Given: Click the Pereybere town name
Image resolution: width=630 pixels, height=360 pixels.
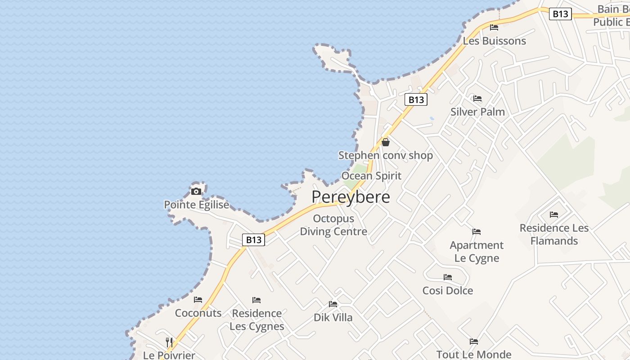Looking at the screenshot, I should (351, 197).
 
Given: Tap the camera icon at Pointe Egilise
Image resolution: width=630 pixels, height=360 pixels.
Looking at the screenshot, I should (196, 191).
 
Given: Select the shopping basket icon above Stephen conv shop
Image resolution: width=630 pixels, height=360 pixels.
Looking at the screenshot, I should (386, 142).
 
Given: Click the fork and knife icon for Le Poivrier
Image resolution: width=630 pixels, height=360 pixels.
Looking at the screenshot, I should (169, 342).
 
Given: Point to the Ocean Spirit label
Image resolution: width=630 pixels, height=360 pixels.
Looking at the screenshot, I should (371, 175).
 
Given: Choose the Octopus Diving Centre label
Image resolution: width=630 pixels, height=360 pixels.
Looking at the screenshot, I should (333, 225).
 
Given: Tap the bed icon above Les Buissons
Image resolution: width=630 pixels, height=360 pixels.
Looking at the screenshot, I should (494, 27).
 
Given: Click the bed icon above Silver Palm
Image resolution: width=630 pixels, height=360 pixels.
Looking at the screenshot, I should (477, 99).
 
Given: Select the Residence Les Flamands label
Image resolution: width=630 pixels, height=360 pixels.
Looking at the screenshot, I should (554, 234).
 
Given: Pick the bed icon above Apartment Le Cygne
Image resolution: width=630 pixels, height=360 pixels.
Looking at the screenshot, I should (477, 232).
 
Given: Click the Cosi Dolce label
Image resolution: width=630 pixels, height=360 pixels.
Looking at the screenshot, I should (448, 291).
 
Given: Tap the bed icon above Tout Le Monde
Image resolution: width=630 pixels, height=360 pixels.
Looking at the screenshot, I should (474, 341).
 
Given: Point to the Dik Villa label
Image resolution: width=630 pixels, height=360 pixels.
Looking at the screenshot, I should (333, 318).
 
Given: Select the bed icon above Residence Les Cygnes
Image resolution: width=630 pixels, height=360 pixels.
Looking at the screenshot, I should (256, 300).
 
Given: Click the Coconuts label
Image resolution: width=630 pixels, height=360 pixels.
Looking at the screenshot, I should (198, 313).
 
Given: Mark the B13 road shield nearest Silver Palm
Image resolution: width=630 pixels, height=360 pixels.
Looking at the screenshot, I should (416, 99).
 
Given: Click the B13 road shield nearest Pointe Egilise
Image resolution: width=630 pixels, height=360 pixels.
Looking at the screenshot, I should (253, 240).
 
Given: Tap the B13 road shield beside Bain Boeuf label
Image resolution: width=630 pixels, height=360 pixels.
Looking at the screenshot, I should (560, 14).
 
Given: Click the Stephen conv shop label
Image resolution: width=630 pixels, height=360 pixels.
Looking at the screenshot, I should (386, 156).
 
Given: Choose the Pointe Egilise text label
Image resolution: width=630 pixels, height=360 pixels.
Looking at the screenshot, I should (197, 205).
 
